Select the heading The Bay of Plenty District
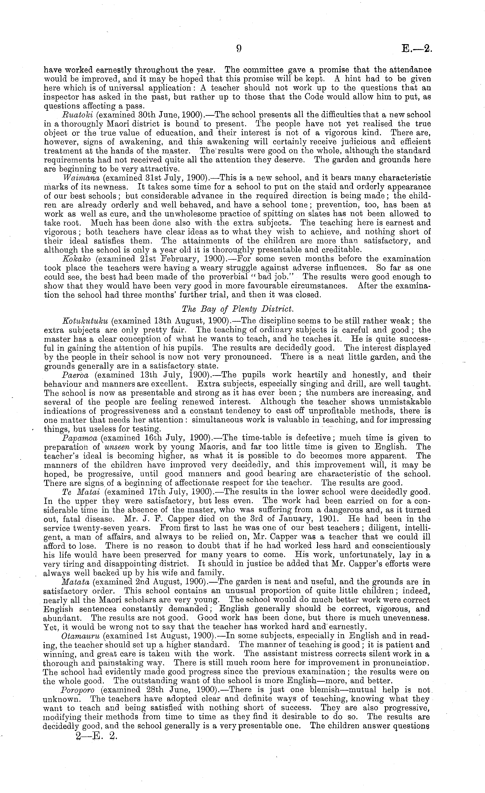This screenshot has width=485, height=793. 238,309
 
